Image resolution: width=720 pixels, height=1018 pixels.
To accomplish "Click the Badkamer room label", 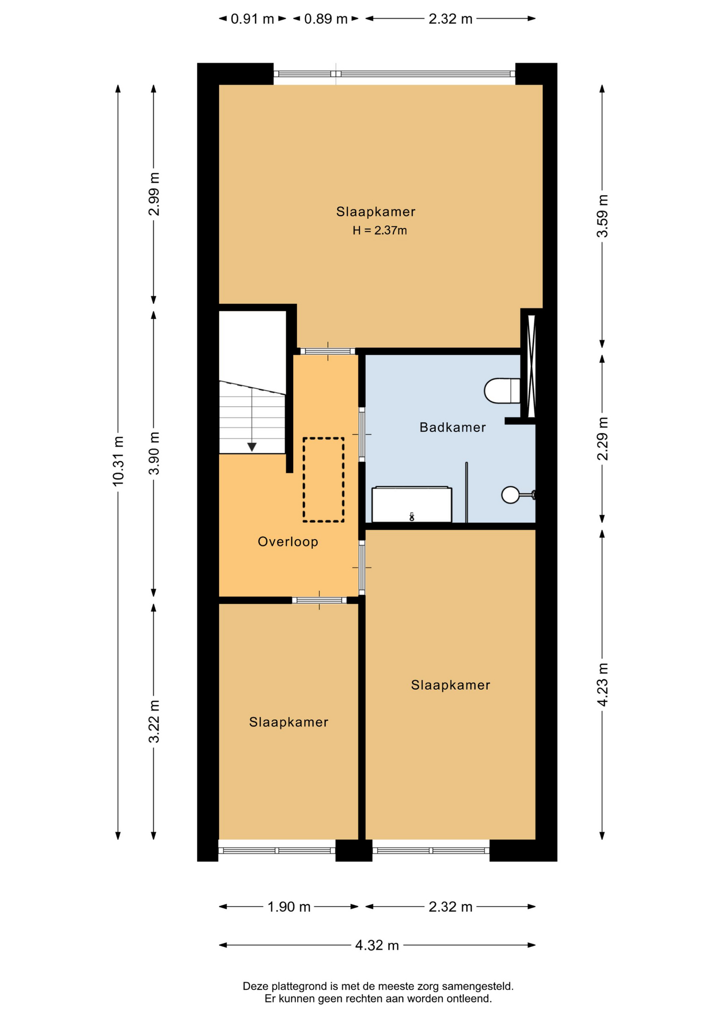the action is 452,427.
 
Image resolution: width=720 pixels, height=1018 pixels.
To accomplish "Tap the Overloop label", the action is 288,542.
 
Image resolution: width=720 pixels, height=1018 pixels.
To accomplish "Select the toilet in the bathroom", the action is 502,391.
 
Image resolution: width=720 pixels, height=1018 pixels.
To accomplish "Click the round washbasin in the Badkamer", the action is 511,495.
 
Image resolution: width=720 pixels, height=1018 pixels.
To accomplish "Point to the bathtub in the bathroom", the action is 411,504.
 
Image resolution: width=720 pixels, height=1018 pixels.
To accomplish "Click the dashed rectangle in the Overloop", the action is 323,480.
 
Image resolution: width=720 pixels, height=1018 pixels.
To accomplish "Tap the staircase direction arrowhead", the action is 252,447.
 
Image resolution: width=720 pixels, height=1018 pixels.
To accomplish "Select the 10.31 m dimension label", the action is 118,461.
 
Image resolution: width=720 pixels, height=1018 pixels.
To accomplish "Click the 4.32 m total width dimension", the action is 377,945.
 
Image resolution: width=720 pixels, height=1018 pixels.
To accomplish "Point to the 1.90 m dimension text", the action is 289,907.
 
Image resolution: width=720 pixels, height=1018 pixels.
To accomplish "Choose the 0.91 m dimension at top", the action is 252,19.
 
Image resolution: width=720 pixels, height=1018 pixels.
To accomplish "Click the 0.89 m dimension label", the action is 326,19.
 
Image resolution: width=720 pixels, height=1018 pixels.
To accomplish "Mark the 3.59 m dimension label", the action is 602,216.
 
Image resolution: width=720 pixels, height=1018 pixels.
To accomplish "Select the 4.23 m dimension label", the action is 602,684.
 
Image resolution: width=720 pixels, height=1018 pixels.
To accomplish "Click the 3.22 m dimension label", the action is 154,722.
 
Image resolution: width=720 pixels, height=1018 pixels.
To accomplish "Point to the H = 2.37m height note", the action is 380,231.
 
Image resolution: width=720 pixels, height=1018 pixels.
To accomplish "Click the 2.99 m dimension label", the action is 154,194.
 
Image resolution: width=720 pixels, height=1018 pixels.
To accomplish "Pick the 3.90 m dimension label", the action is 154,453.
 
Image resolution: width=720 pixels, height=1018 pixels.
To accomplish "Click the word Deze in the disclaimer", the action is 255,987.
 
